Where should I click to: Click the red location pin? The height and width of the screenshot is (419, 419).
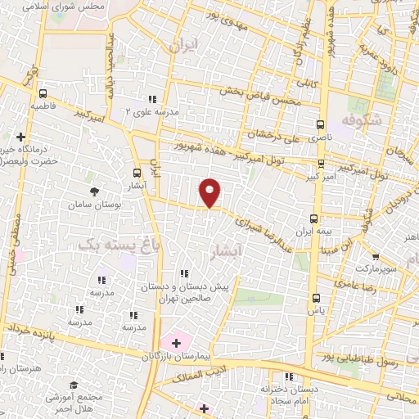point(210,191)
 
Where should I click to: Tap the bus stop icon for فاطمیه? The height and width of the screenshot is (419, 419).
point(43,93)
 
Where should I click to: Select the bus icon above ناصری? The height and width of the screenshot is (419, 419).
point(320,125)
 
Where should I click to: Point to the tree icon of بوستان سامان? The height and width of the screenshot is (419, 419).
point(96,191)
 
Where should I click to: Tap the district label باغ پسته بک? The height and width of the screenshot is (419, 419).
point(120,243)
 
